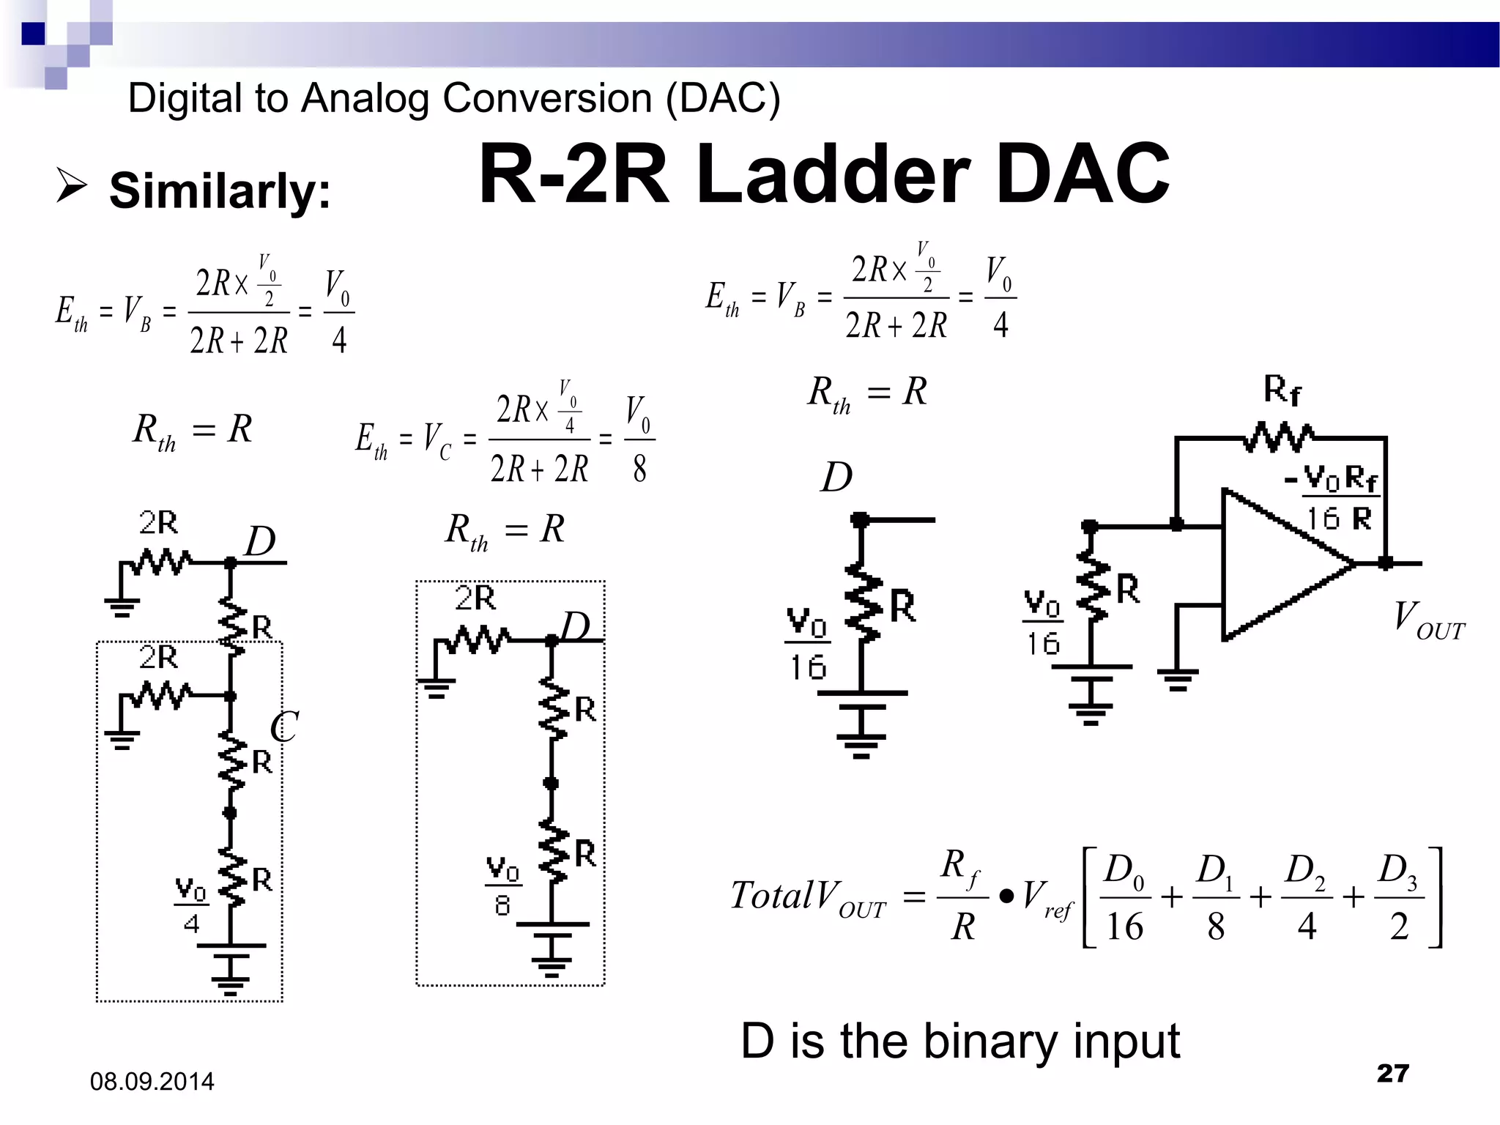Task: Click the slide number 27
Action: coord(1392,1073)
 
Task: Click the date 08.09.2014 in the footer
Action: coord(152,1082)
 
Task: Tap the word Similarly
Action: coord(219,190)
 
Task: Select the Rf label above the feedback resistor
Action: coord(1282,390)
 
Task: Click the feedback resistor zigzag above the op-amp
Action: coord(1279,437)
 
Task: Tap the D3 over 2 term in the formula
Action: coord(1399,897)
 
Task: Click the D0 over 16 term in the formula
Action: coord(1124,897)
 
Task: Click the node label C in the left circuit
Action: coord(283,727)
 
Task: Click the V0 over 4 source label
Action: coord(191,905)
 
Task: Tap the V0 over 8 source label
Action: coord(502,886)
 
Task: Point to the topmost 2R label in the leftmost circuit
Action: coord(158,523)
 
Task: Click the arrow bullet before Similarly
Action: coord(72,185)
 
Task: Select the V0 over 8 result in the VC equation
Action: coord(639,439)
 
